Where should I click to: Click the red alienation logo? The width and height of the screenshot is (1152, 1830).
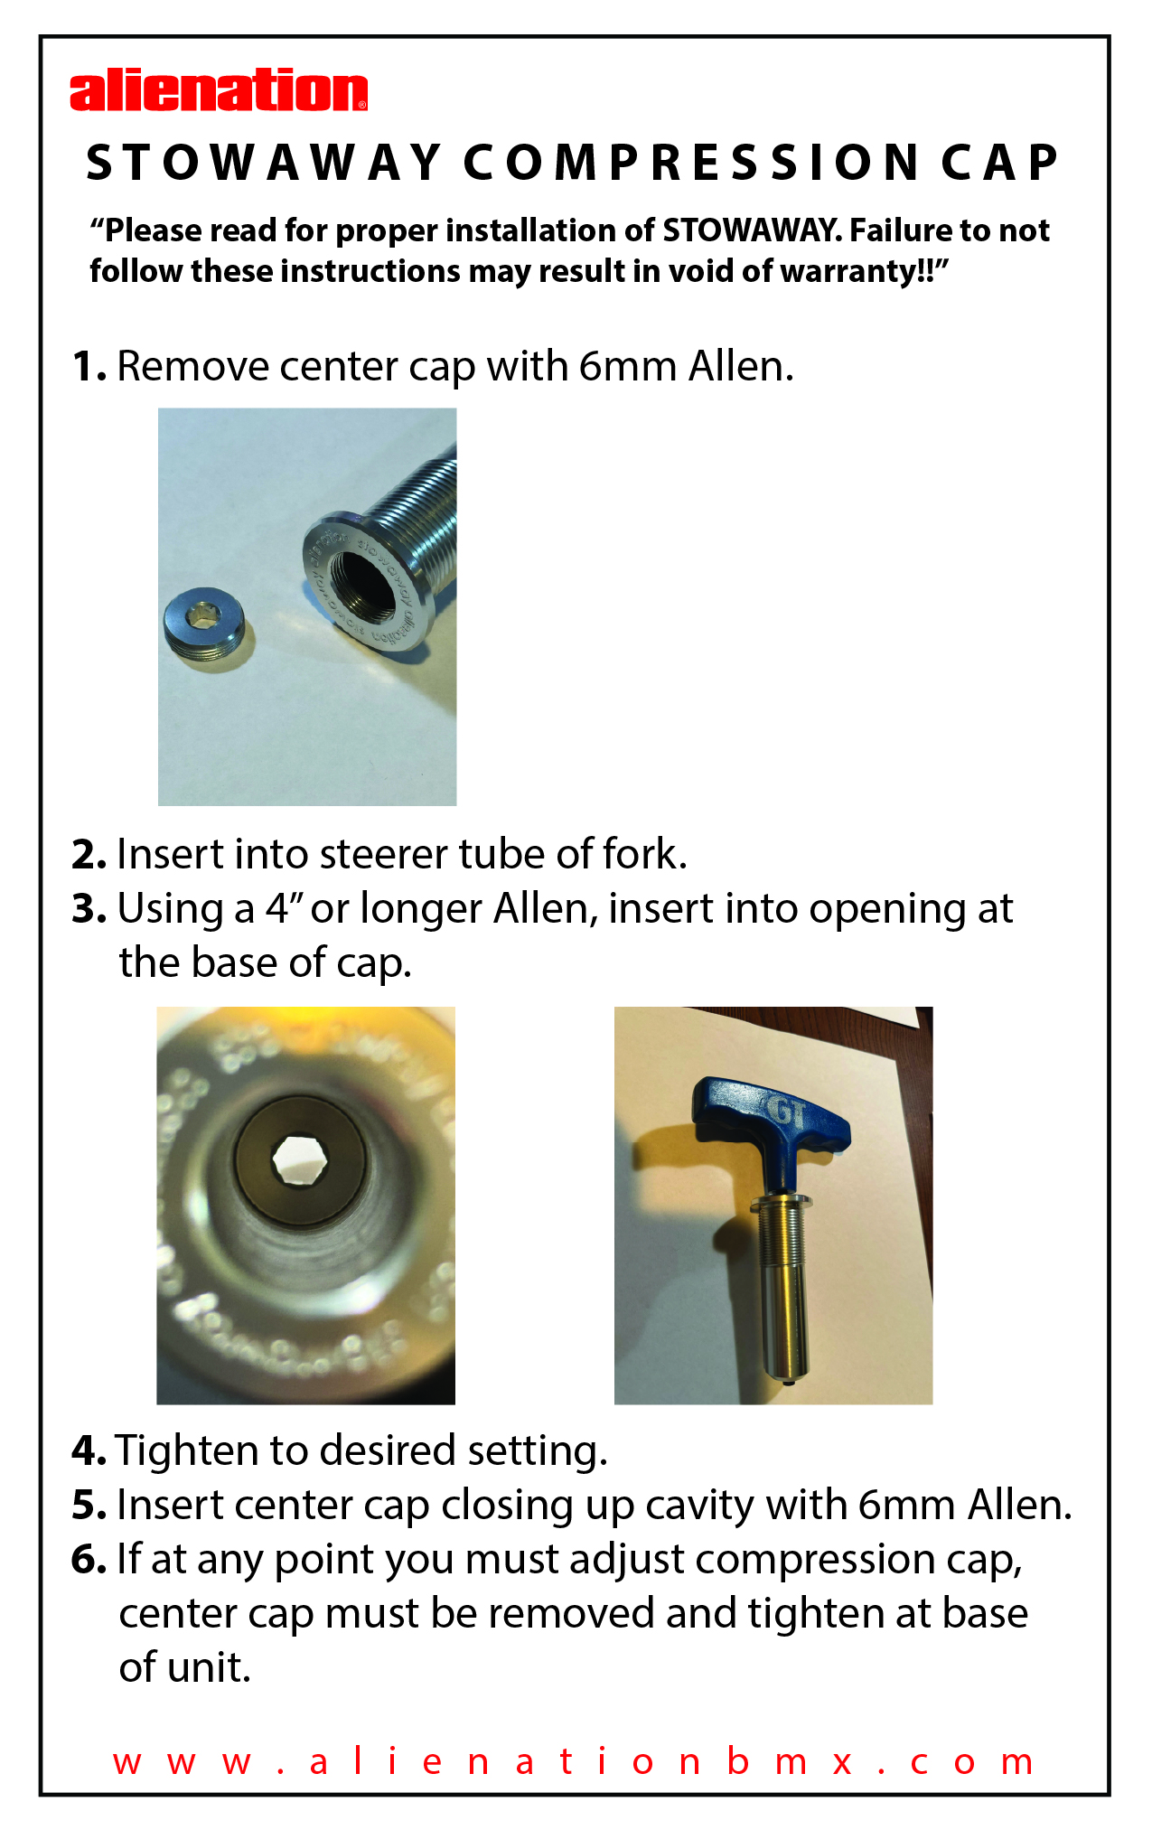219,91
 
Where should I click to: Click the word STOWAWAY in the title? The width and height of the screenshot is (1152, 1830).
264,164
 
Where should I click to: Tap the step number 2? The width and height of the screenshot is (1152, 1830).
89,855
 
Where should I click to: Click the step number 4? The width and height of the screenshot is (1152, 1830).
89,1451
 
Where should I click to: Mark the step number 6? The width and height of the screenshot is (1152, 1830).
89,1560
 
